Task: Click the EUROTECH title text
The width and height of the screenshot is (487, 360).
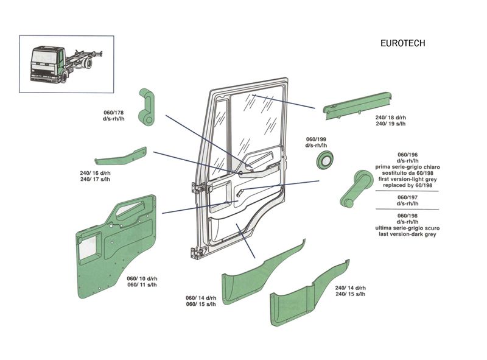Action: click(402, 43)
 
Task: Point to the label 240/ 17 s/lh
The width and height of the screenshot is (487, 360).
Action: click(95, 180)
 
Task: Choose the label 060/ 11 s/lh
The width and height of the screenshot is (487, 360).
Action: click(142, 284)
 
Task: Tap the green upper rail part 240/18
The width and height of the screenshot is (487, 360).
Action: click(358, 105)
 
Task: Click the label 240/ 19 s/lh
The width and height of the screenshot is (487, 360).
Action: click(391, 124)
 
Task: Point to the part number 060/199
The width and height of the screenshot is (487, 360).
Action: click(316, 139)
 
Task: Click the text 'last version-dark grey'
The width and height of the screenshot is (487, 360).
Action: click(408, 235)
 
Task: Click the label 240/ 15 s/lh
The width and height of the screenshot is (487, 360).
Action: click(350, 294)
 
